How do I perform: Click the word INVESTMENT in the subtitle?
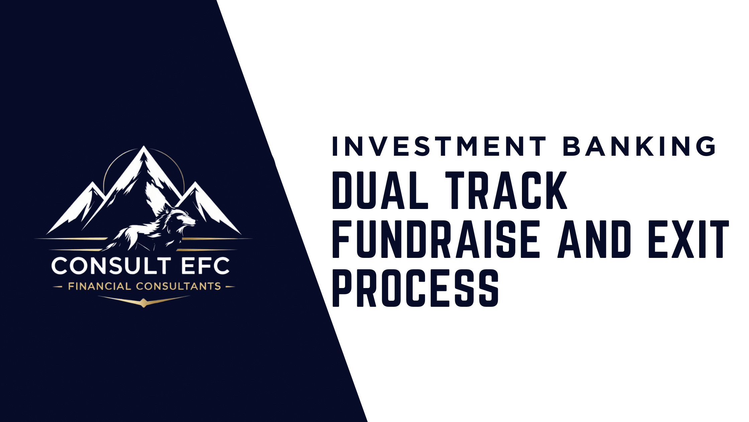(x=439, y=146)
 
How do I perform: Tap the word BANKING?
(x=639, y=146)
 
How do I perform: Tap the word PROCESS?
(x=415, y=288)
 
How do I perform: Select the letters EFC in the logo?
(x=205, y=266)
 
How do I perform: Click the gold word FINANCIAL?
(x=99, y=286)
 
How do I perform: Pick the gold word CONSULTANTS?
(x=178, y=286)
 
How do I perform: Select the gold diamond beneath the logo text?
(x=144, y=303)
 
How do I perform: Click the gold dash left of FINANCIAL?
(x=58, y=287)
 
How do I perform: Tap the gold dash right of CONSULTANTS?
(x=230, y=287)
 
